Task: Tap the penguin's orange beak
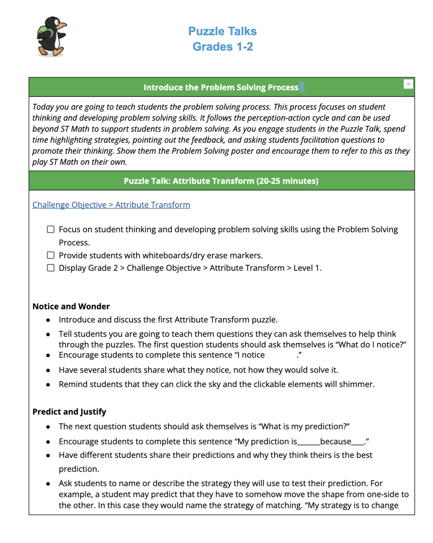point(62,26)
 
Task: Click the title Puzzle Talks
point(222,31)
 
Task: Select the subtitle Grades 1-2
point(223,47)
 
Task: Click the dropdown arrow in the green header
point(408,84)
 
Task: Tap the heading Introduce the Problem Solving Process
point(221,87)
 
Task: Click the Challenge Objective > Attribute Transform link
point(111,205)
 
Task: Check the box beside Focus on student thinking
point(51,229)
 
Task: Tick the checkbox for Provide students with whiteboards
point(51,255)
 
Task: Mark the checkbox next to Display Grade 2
point(51,268)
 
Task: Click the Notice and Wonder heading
point(71,306)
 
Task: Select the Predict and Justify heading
point(69,412)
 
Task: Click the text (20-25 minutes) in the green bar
point(288,181)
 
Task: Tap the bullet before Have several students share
point(48,370)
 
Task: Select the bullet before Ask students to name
point(48,484)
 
